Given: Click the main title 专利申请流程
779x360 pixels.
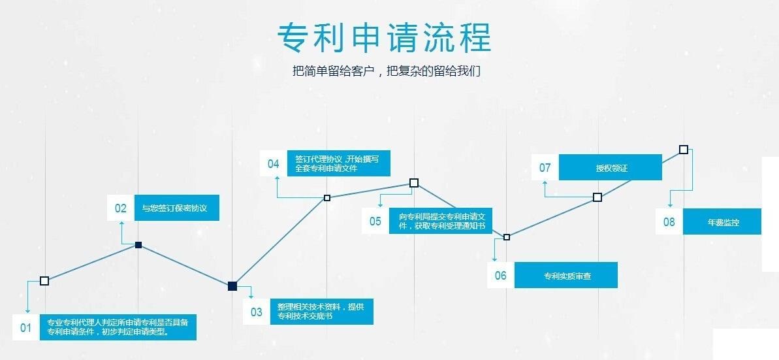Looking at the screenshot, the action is tap(384, 37).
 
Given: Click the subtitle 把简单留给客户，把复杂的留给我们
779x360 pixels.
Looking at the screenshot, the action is tap(387, 71).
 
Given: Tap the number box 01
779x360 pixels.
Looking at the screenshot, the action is tap(25, 327).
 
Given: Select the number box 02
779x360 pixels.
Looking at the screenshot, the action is tap(121, 208).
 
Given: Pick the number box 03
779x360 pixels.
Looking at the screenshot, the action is tap(257, 312).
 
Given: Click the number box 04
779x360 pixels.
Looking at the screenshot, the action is tap(274, 163).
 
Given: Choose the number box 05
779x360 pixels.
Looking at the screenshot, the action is tap(375, 221).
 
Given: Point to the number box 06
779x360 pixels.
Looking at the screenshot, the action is tap(501, 275).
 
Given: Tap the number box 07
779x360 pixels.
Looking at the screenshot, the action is tap(545, 168).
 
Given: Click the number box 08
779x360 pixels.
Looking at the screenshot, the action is tap(669, 221).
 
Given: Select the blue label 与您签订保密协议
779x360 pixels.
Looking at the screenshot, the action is tap(176, 208).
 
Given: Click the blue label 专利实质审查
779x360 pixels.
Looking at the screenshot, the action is tap(566, 275).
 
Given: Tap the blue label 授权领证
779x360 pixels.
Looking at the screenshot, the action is tap(611, 168).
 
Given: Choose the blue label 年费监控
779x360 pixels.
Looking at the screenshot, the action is tap(722, 221).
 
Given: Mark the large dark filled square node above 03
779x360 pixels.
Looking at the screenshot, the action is tap(233, 286).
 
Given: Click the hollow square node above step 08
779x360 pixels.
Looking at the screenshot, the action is tap(684, 150).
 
